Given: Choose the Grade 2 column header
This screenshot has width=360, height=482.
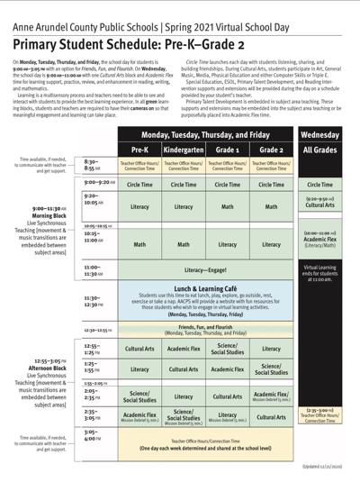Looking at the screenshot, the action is click(x=271, y=149).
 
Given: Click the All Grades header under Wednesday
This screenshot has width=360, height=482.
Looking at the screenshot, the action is click(x=320, y=149).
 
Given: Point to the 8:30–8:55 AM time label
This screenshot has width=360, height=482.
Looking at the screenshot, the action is click(x=93, y=166).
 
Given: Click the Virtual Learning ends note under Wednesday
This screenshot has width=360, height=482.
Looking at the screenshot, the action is click(x=320, y=274).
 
